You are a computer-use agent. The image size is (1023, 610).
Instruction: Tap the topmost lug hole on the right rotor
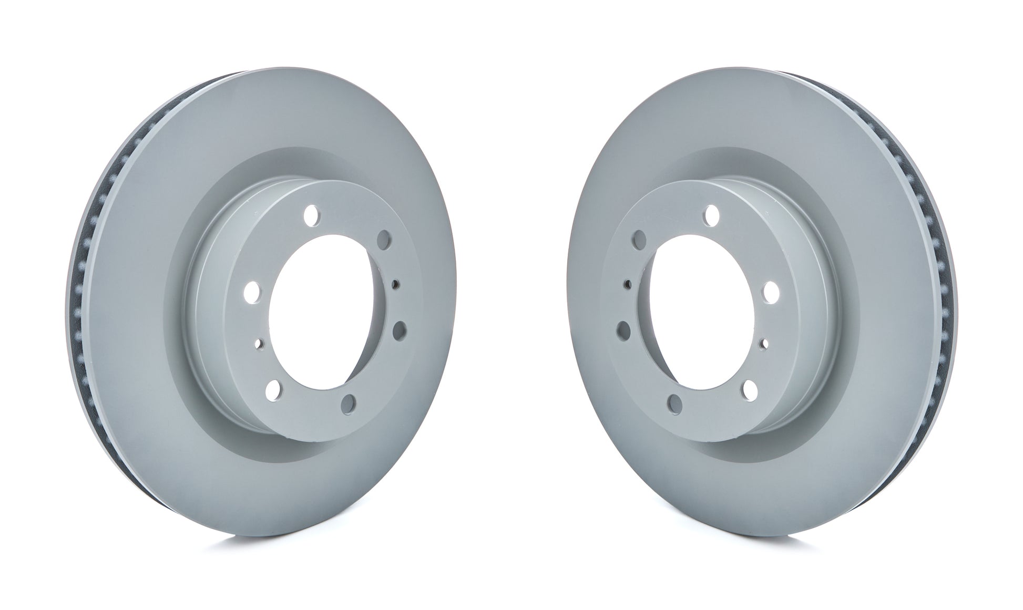712,214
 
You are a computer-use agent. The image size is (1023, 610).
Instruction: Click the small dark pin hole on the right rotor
628,285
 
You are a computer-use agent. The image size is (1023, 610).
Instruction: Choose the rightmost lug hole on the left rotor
401,330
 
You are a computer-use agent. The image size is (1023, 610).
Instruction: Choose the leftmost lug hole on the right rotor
623,330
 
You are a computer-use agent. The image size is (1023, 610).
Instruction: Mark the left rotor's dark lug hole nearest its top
385,240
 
